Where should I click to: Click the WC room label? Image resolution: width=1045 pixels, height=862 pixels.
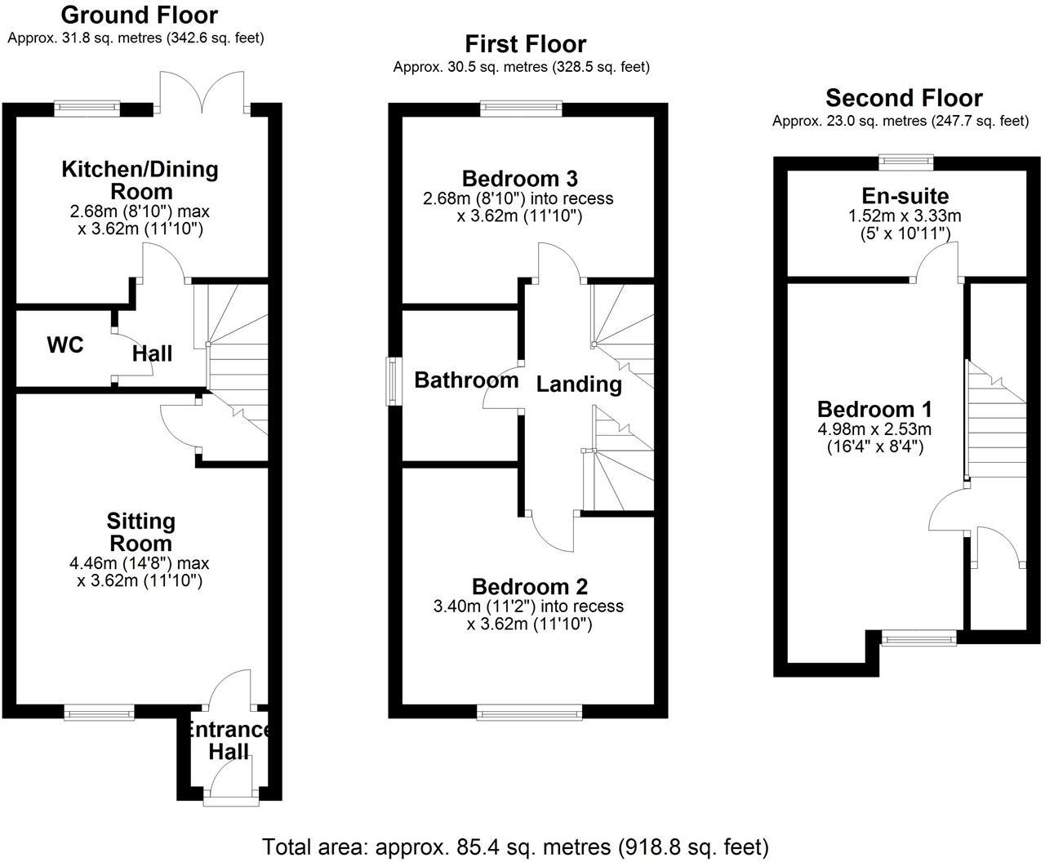click(x=65, y=345)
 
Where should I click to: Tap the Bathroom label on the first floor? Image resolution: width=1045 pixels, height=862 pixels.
click(x=466, y=380)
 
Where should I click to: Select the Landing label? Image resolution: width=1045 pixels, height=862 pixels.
click(x=579, y=384)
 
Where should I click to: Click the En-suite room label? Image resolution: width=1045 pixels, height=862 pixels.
click(x=905, y=196)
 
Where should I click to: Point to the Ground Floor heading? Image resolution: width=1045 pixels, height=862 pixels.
click(x=140, y=15)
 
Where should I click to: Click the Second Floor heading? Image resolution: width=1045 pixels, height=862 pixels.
click(x=904, y=98)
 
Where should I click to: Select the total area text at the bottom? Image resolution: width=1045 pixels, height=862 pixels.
click(x=515, y=846)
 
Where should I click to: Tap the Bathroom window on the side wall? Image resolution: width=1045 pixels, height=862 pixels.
click(x=394, y=382)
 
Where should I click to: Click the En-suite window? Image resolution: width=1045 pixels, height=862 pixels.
click(x=905, y=162)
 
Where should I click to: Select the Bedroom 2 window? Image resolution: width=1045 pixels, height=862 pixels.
click(x=530, y=713)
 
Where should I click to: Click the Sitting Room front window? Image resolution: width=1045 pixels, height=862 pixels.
click(x=100, y=713)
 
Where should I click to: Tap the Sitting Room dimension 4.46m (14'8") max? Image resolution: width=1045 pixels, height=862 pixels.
click(x=140, y=563)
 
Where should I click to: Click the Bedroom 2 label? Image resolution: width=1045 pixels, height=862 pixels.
click(x=530, y=586)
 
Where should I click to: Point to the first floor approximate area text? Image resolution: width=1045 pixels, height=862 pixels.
click(x=522, y=67)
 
